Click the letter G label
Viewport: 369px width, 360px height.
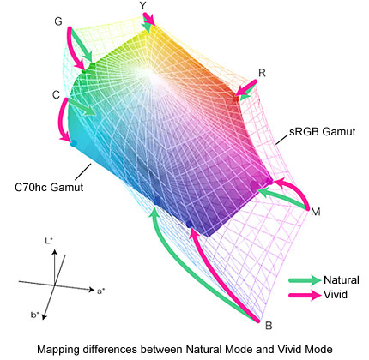(58, 21)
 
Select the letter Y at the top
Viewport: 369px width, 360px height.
(143, 6)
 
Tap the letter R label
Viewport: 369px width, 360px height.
(262, 73)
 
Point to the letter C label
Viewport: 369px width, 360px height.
(57, 94)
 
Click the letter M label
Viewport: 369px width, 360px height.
(315, 212)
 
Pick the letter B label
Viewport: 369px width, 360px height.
(269, 326)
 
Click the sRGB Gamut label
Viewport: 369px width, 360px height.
(323, 132)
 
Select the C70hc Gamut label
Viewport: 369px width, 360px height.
(49, 188)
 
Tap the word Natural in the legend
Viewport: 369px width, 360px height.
(341, 280)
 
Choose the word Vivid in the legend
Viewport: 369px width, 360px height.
(336, 295)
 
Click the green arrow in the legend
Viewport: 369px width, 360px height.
(305, 280)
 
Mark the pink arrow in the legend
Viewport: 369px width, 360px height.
(305, 295)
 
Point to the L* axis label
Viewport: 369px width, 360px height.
(49, 242)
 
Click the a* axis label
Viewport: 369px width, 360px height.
(101, 291)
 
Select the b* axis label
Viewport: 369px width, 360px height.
(35, 315)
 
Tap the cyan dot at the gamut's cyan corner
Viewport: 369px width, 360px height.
(74, 143)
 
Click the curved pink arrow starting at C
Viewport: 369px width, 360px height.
(63, 120)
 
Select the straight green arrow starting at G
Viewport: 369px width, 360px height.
(82, 44)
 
